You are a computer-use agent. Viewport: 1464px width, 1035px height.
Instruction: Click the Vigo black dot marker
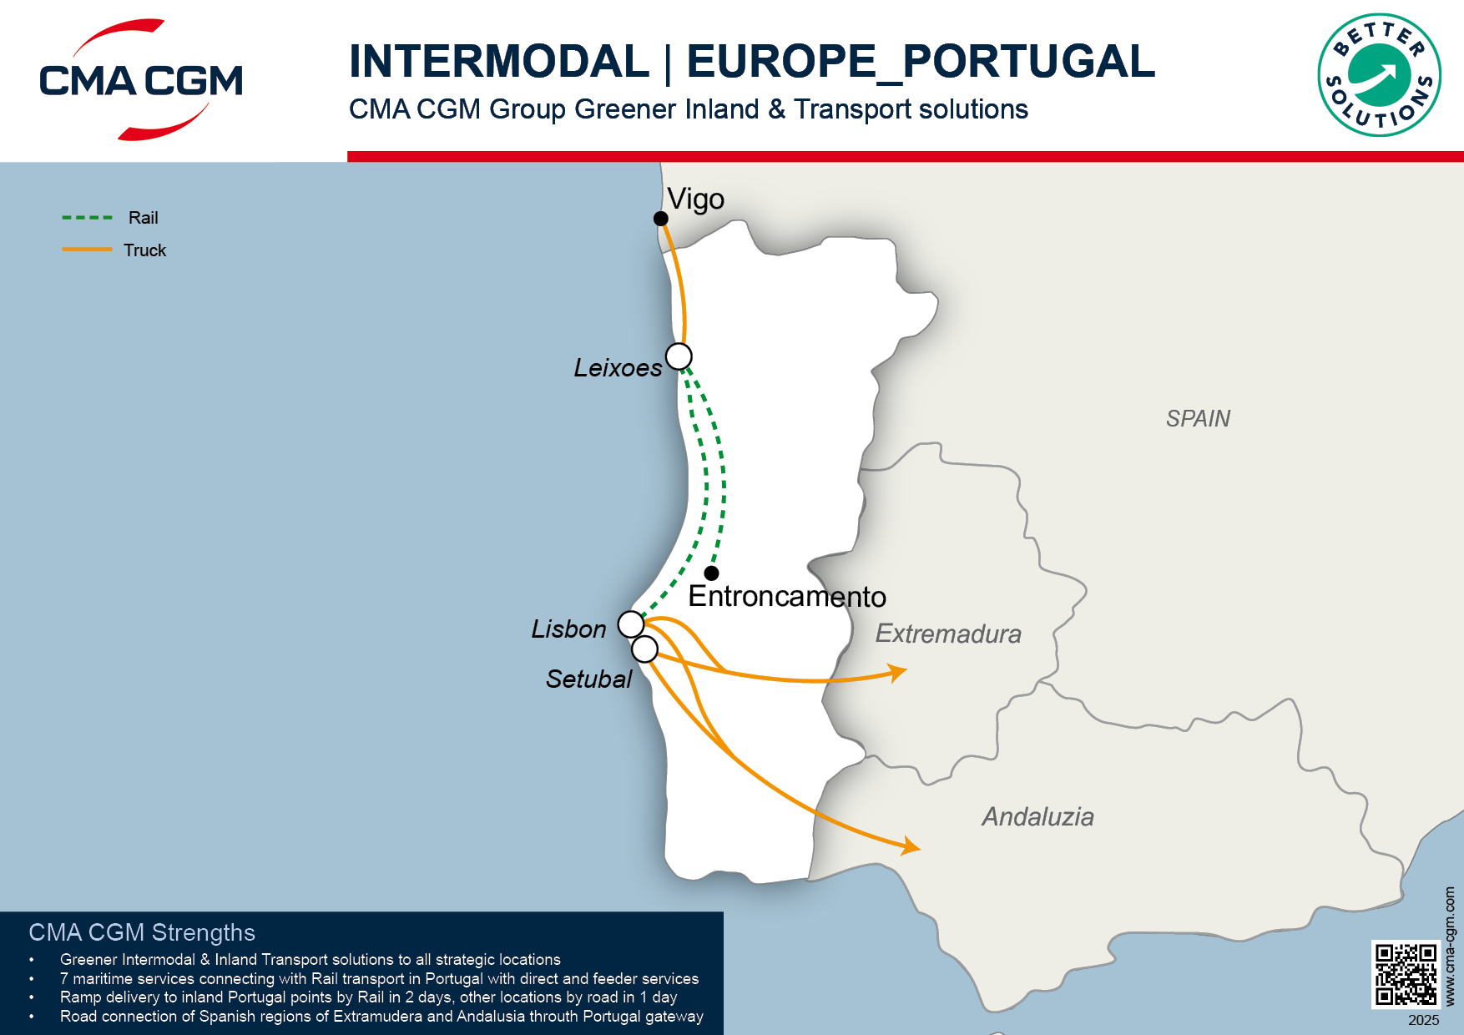[660, 219]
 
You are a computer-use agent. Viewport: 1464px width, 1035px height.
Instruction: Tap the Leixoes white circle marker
[679, 356]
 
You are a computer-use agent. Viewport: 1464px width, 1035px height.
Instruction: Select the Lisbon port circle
[631, 624]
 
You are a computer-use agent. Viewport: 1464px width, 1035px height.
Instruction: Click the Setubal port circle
[644, 649]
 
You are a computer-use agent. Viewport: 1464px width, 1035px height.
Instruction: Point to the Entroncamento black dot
[711, 573]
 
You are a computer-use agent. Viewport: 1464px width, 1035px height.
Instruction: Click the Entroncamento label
[786, 597]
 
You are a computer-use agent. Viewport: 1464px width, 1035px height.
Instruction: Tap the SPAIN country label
[1198, 418]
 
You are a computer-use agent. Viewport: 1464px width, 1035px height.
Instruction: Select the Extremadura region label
[947, 634]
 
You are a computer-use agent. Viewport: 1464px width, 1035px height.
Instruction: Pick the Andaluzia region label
[1037, 816]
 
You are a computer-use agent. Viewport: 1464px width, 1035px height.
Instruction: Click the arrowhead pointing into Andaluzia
[912, 847]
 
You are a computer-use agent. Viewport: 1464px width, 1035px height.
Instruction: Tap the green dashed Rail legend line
[87, 218]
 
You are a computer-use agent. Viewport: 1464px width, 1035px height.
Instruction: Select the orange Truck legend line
[87, 250]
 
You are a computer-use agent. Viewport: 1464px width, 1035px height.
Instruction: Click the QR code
[1406, 974]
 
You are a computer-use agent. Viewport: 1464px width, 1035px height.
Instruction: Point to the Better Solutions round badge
[1379, 75]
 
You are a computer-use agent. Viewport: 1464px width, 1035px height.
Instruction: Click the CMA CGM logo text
[141, 81]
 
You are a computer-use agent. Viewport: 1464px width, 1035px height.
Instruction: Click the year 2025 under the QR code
[1423, 1020]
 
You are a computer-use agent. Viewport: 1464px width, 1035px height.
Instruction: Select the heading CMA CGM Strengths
[142, 932]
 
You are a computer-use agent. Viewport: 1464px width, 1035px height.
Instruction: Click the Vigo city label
[695, 199]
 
